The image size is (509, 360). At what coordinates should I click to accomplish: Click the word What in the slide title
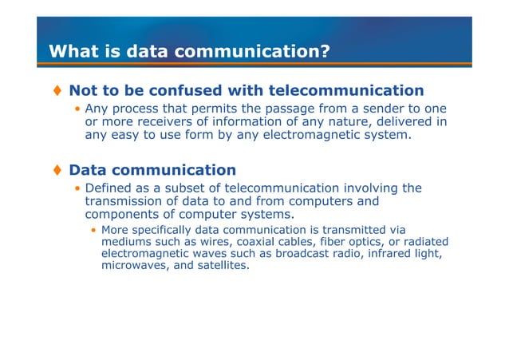point(69,52)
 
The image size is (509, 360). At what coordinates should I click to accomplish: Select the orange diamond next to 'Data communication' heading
point(57,170)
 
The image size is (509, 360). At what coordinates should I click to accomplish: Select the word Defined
point(112,188)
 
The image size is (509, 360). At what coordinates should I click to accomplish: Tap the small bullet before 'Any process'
point(77,109)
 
